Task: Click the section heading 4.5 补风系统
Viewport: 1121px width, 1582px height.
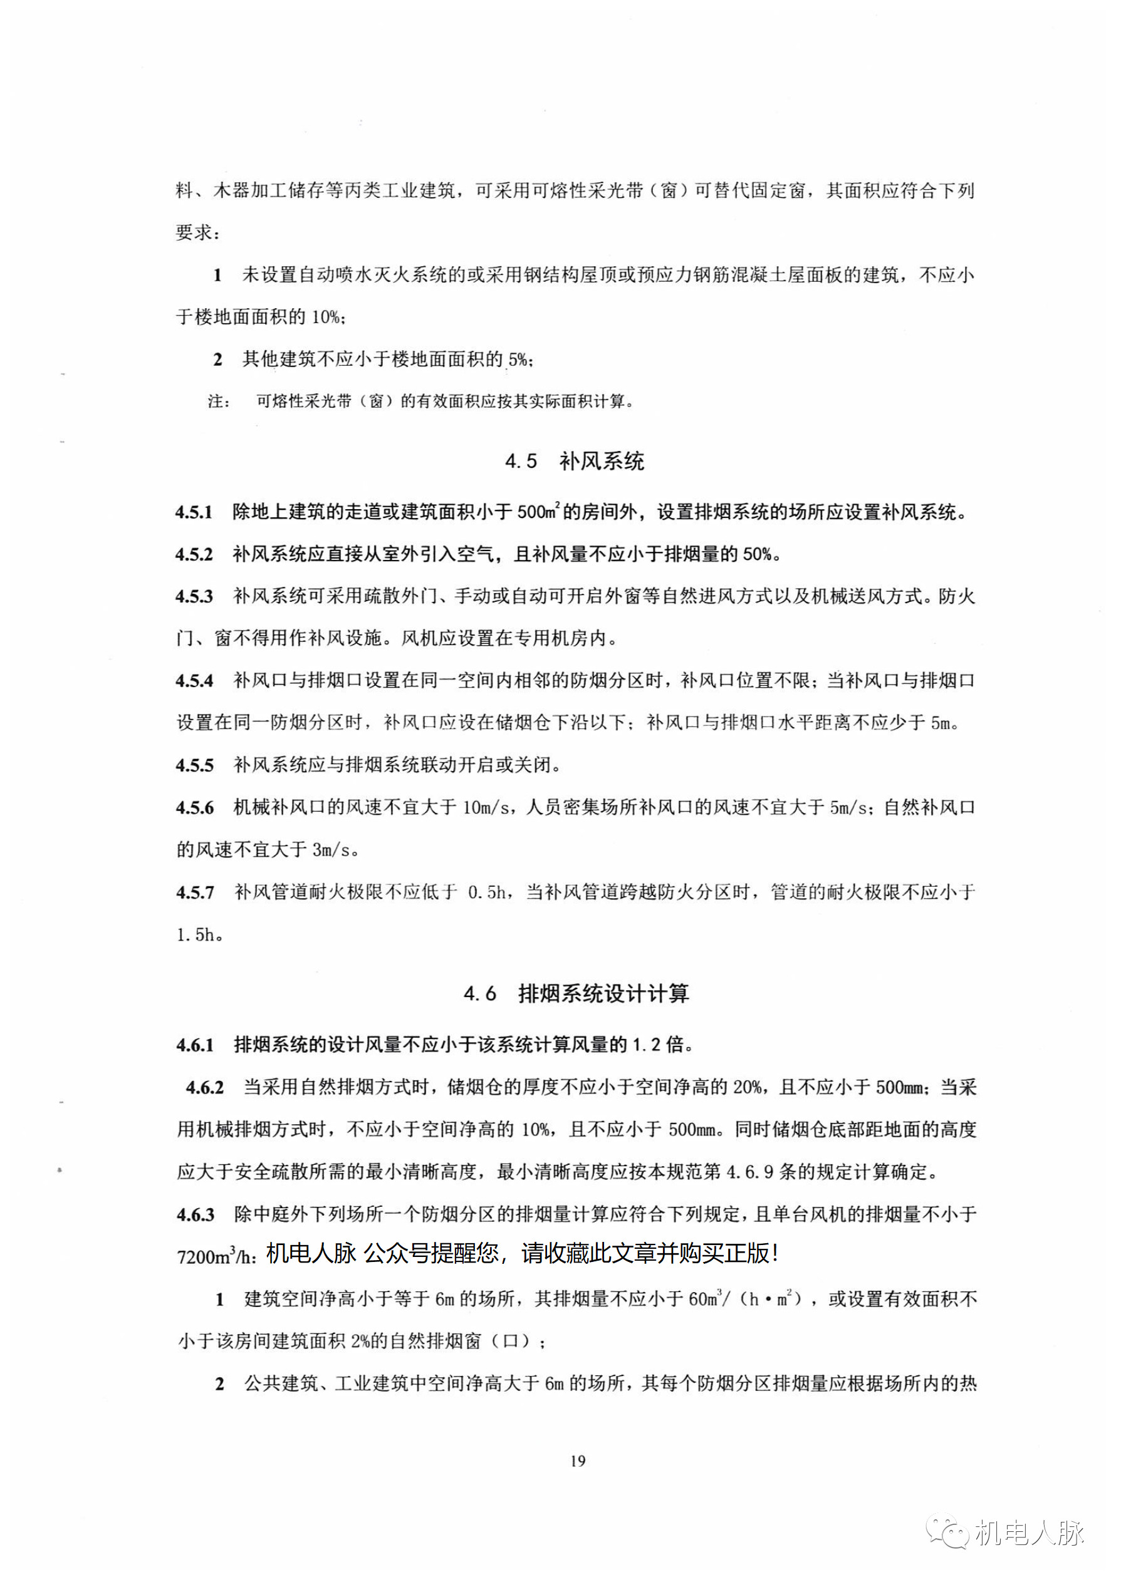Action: coord(575,461)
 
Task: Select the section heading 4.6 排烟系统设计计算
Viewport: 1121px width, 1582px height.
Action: coord(576,993)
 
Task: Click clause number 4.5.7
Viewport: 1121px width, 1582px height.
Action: coord(195,892)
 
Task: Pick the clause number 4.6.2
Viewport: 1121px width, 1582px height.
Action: coord(204,1088)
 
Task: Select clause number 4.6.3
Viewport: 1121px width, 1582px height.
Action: coord(196,1214)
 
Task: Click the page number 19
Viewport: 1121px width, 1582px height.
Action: coord(578,1461)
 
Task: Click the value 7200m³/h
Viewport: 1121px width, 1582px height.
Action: coord(216,1257)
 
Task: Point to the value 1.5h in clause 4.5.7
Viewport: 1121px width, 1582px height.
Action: coord(196,935)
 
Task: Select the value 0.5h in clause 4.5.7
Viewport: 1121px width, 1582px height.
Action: coord(488,892)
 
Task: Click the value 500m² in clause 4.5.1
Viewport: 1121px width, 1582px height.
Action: coord(538,512)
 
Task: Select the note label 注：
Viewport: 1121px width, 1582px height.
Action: coord(219,401)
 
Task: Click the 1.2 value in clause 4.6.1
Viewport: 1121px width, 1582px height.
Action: coord(647,1046)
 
